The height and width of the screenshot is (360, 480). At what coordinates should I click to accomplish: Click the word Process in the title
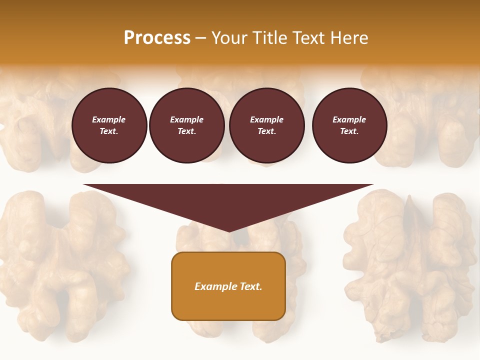(x=157, y=38)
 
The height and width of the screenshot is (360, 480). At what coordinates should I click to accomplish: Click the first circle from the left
(x=109, y=125)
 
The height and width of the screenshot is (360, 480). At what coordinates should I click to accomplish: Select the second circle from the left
(x=186, y=125)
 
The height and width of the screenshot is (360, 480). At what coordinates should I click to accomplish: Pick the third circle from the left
(x=266, y=125)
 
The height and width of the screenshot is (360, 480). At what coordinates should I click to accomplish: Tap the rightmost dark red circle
(x=349, y=125)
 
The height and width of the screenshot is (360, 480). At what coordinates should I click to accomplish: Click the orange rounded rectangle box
(x=228, y=286)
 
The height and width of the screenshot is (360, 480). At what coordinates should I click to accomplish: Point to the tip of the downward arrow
(x=229, y=231)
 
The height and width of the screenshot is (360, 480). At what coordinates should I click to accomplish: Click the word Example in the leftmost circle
(x=109, y=119)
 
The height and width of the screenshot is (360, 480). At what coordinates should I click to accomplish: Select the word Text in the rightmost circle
(x=349, y=131)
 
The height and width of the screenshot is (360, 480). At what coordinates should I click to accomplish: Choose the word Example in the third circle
(x=266, y=119)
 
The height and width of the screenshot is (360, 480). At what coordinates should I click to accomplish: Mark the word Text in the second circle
(x=186, y=131)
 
